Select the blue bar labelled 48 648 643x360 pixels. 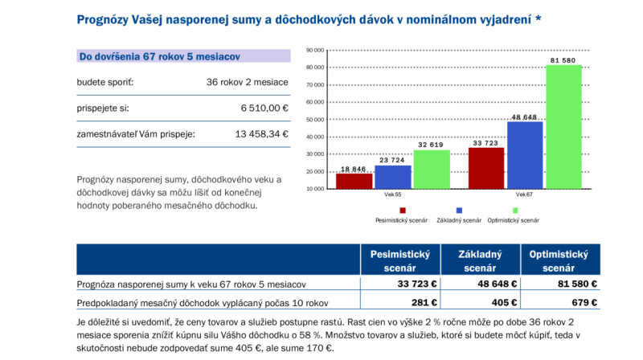524,155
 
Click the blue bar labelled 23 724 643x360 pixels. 392,177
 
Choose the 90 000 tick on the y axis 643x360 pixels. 315,51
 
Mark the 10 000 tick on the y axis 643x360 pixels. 315,188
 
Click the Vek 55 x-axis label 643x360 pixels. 392,195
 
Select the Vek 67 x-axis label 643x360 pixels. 524,195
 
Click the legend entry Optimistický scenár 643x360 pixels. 513,219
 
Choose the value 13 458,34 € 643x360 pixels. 261,134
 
